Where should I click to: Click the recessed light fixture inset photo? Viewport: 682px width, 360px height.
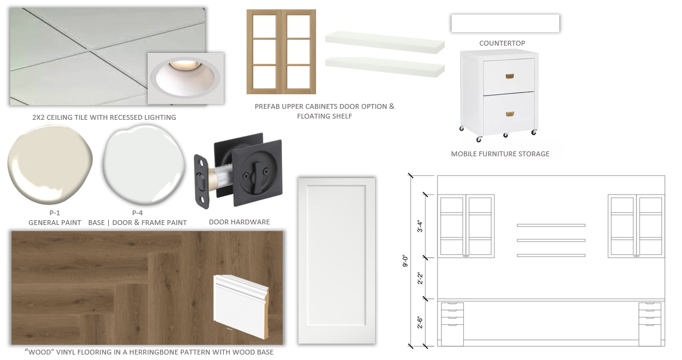[186, 78]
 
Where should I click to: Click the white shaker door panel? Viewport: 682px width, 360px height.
[337, 260]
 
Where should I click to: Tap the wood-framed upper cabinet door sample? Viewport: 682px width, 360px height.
[281, 52]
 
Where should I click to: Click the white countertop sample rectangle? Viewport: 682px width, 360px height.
[505, 24]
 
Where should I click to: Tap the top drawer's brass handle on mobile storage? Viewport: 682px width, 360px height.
[510, 77]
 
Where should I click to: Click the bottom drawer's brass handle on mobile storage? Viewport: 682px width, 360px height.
[510, 114]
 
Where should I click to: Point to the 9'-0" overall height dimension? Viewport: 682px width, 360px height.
[405, 260]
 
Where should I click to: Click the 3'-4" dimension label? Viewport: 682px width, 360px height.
[420, 226]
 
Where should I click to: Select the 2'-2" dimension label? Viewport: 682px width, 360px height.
[420, 278]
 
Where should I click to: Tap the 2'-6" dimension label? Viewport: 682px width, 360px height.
[420, 322]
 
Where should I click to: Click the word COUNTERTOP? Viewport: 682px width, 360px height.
[502, 43]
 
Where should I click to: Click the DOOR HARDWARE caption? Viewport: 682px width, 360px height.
[239, 222]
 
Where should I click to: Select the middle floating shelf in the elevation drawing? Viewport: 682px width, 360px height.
[551, 240]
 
